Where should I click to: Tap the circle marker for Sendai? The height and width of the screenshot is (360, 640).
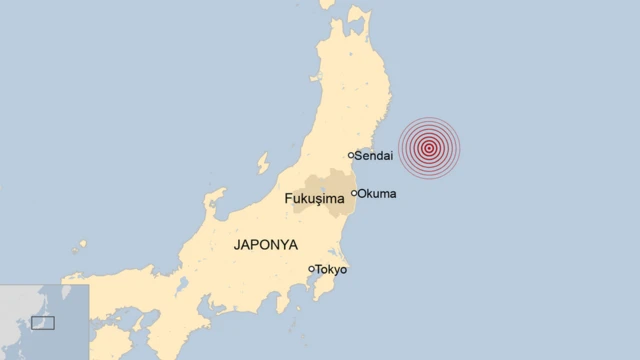351,155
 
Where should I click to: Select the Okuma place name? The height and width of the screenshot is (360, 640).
378,193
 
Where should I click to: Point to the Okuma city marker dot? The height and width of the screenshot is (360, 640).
354,193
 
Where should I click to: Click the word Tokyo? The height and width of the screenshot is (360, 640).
331,269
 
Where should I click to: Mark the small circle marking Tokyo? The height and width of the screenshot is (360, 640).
312,268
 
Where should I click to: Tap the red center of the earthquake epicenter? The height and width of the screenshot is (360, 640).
429,149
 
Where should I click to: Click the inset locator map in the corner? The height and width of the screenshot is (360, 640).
44,320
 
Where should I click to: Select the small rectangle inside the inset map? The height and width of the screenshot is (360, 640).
43,322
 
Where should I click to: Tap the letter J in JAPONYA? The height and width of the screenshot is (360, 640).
237,243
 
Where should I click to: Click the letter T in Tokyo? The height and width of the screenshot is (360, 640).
320,269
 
